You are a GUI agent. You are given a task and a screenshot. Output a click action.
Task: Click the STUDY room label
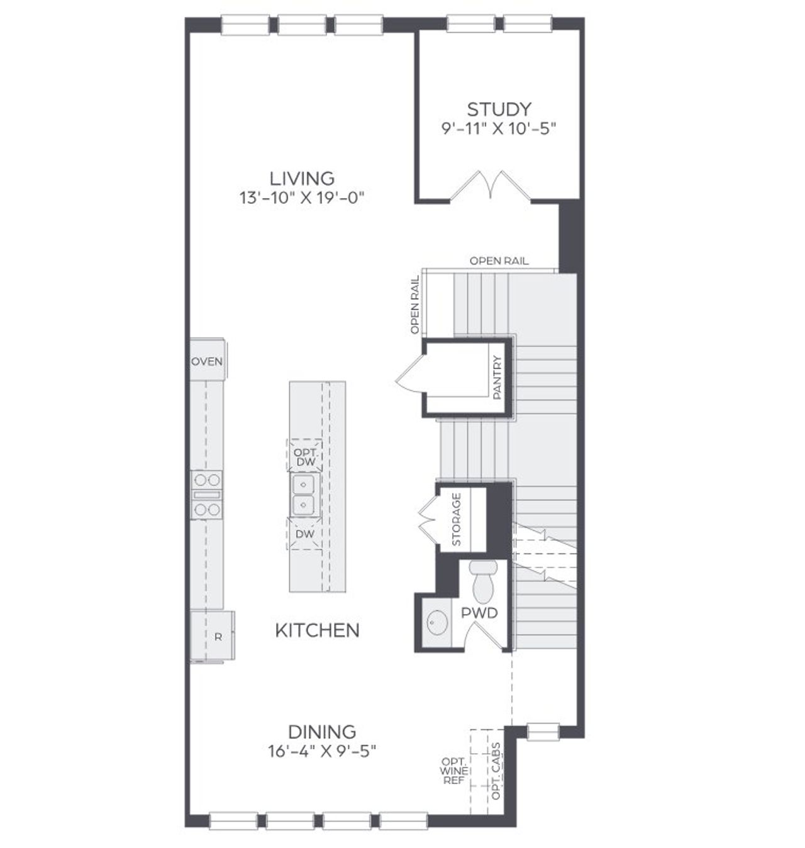499,109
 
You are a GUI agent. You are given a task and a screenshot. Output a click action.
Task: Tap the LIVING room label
302,178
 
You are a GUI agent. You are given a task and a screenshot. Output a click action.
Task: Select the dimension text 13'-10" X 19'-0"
302,197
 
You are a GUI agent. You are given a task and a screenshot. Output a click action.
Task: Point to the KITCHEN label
318,630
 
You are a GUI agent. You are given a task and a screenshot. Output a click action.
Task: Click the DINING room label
322,732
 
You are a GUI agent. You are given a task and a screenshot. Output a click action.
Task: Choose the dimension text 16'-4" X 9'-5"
322,751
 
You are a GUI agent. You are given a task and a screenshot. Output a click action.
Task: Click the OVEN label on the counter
207,361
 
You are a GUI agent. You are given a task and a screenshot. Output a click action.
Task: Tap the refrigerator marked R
218,637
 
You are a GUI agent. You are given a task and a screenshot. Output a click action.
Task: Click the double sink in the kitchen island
305,495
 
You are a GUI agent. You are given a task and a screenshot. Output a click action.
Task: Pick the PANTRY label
498,378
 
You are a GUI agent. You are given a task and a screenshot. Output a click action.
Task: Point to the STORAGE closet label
457,519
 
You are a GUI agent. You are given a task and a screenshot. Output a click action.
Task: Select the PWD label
480,613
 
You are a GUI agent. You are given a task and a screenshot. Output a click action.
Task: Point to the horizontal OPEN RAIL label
499,261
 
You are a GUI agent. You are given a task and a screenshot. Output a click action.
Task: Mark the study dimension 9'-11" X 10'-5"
499,129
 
